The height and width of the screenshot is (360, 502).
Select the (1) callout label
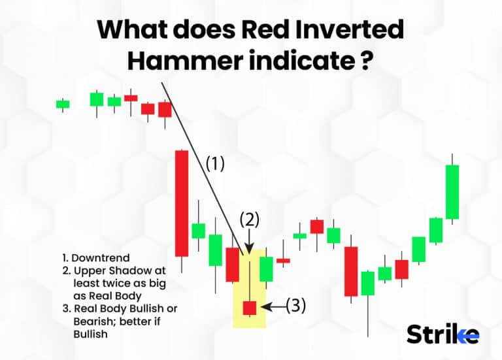point(215,163)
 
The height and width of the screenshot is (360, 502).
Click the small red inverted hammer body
point(250,307)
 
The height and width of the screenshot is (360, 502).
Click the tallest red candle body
point(181,203)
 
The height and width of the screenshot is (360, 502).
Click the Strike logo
point(443,334)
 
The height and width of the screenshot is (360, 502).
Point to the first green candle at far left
point(63,103)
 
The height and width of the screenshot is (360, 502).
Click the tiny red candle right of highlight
point(283,260)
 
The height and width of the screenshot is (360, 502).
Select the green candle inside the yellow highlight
point(266,269)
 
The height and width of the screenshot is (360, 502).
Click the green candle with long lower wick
point(368,283)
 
